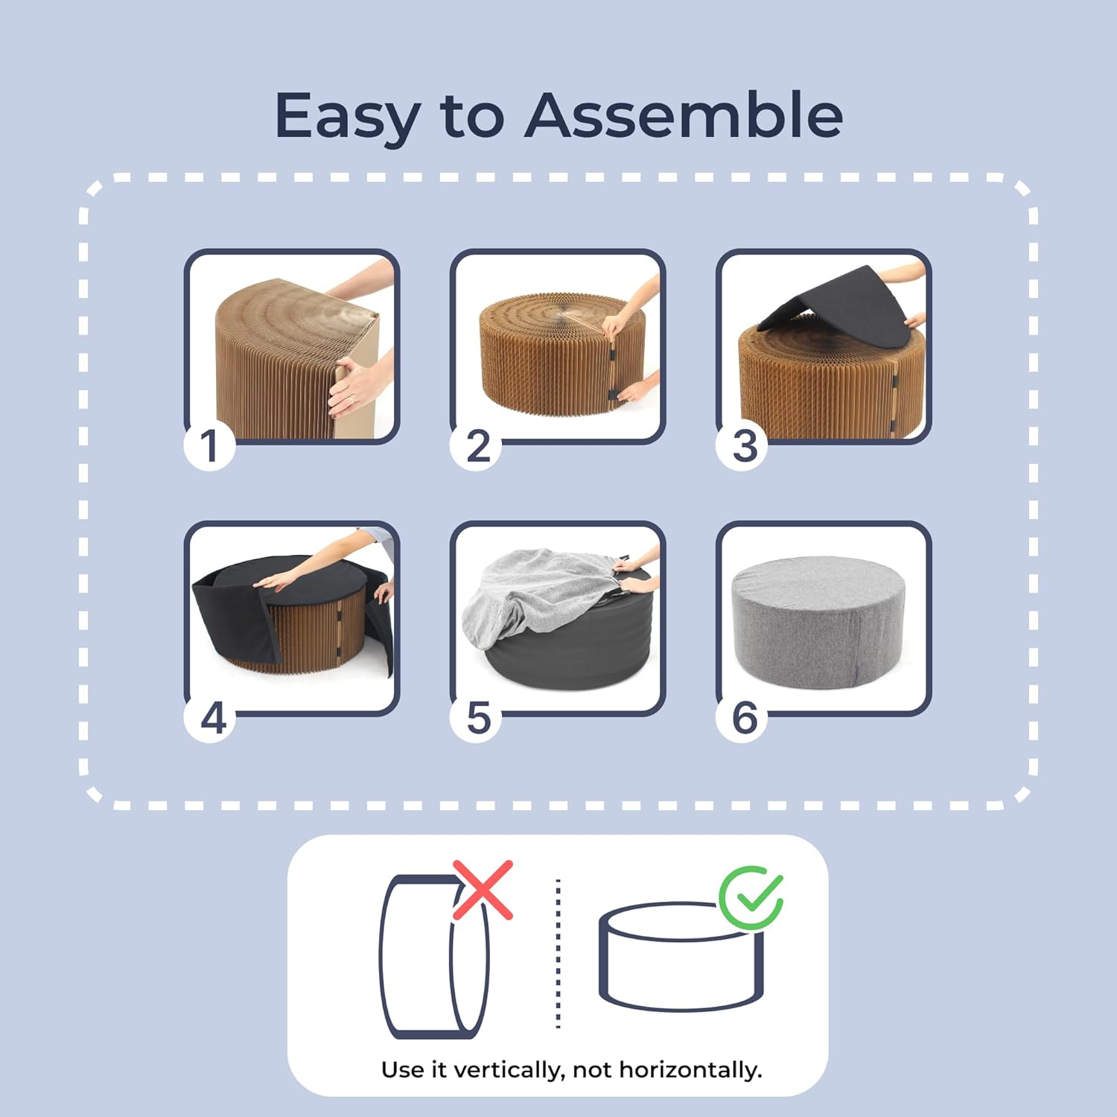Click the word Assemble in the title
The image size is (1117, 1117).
click(684, 115)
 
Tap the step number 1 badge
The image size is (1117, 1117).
click(209, 445)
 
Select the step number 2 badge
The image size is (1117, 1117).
click(477, 445)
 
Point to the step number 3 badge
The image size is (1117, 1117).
click(743, 445)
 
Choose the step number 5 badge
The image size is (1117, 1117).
click(477, 718)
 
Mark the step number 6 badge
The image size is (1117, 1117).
click(743, 718)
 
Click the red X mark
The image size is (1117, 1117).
click(483, 889)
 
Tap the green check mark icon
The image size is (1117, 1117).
click(751, 897)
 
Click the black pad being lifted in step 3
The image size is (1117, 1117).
click(834, 309)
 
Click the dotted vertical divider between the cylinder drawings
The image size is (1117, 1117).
click(558, 954)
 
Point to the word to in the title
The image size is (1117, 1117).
click(472, 118)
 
